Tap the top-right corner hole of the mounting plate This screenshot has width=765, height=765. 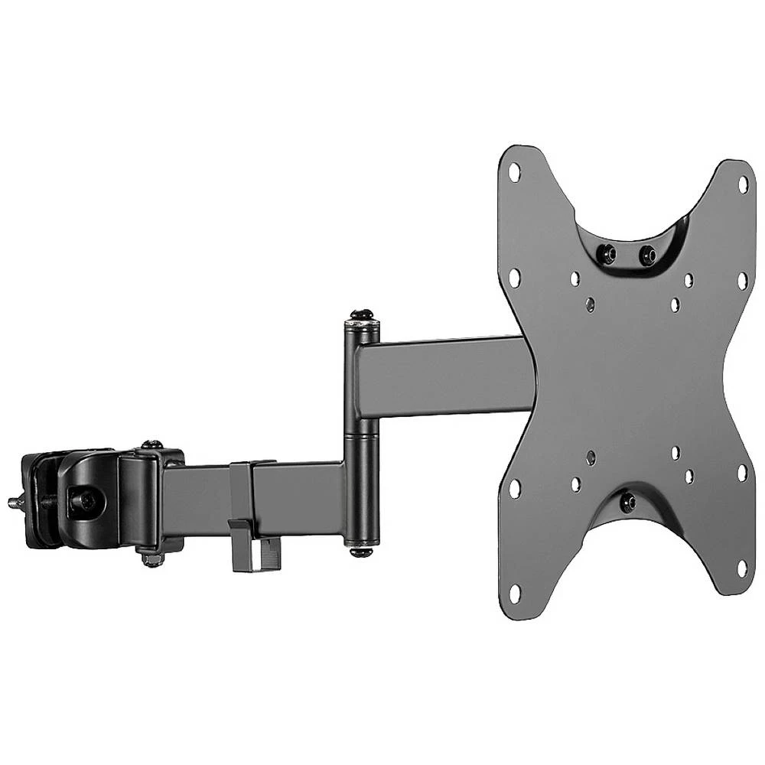[742, 184]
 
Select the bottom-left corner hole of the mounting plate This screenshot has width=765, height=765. [515, 591]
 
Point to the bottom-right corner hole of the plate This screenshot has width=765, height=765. [741, 568]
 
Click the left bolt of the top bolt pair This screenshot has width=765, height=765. [608, 252]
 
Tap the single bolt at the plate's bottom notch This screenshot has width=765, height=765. [628, 503]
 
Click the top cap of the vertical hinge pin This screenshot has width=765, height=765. [361, 317]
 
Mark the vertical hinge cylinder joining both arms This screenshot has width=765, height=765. [362, 432]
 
